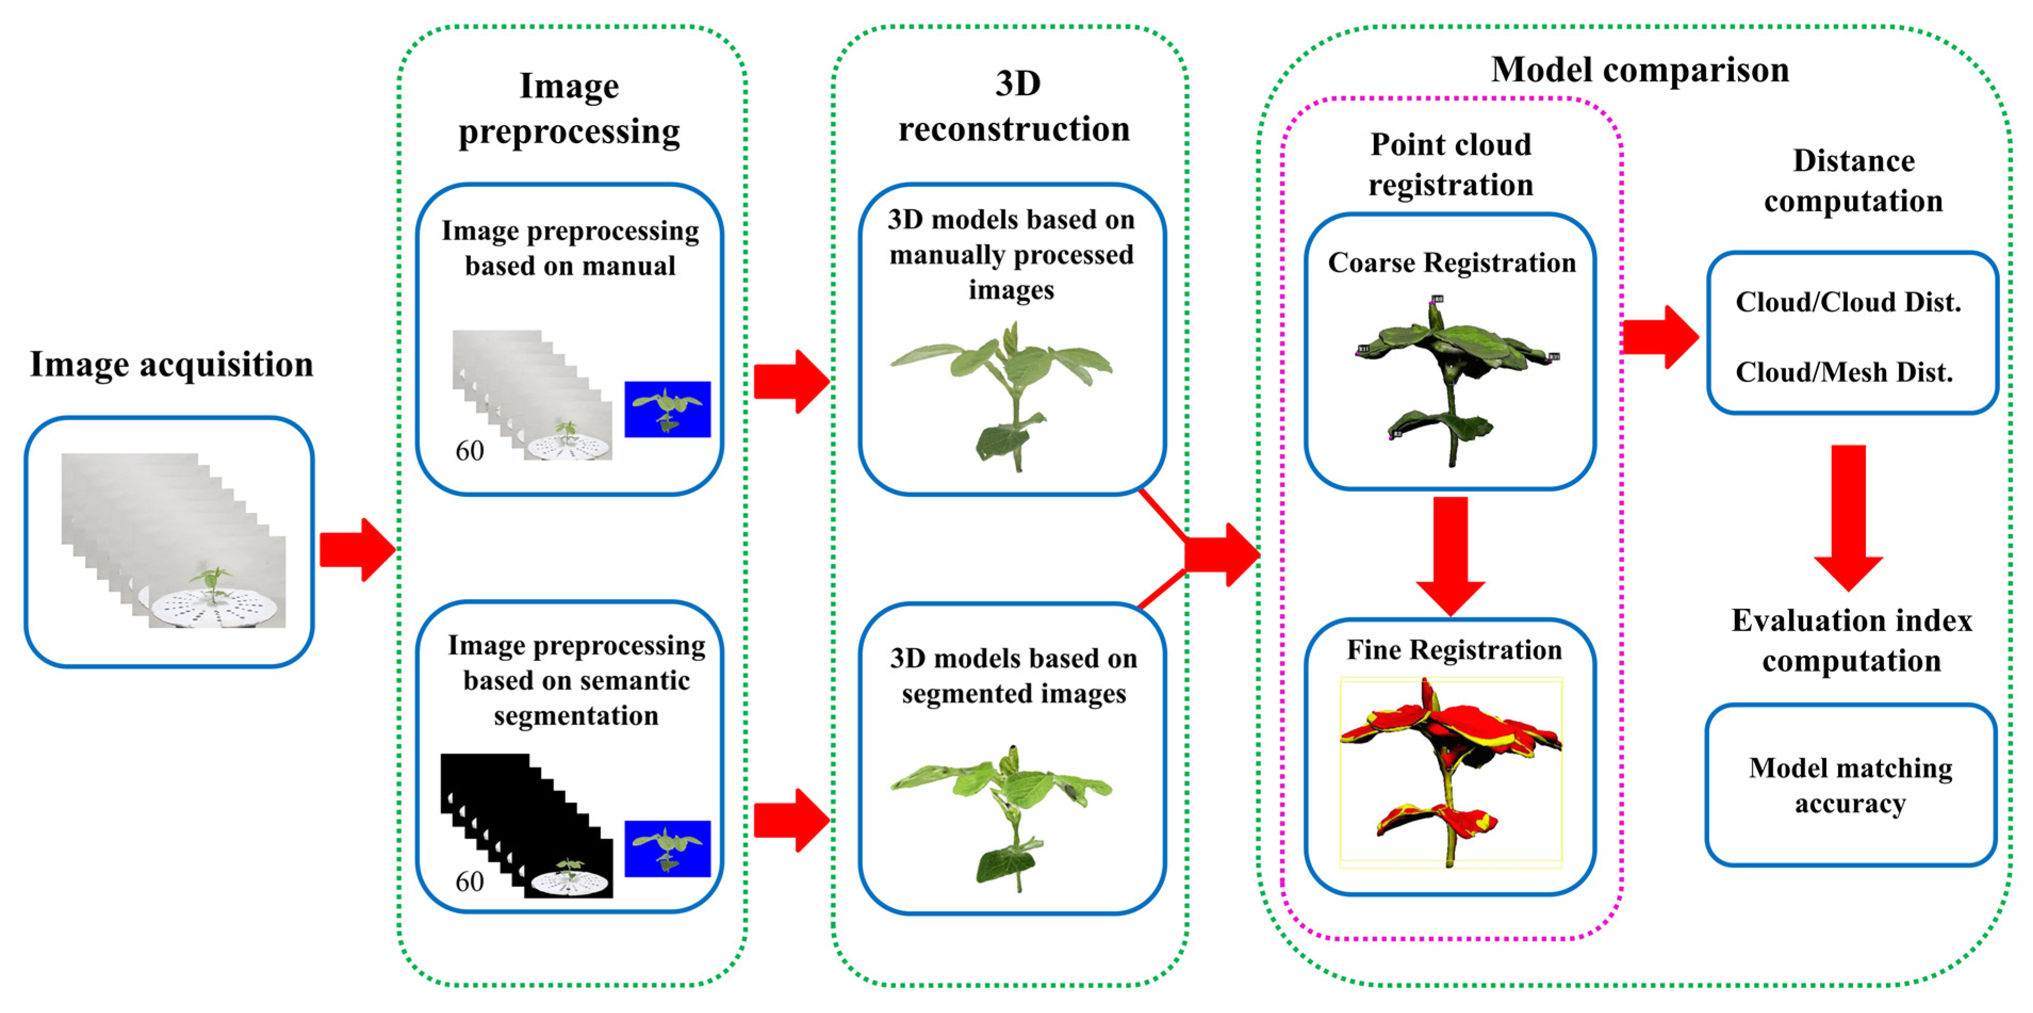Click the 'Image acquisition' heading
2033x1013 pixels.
pyautogui.click(x=171, y=364)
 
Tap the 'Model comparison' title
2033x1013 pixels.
pyautogui.click(x=1639, y=70)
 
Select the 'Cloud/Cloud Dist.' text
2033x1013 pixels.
pyautogui.click(x=1848, y=302)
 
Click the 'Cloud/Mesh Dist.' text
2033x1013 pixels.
pyautogui.click(x=1843, y=371)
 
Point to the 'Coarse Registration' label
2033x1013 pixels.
pyautogui.click(x=1451, y=263)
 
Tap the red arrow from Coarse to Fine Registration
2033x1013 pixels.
pyautogui.click(x=1451, y=552)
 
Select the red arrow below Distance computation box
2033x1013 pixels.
pyautogui.click(x=1848, y=517)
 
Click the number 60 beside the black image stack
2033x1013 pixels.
pyautogui.click(x=470, y=881)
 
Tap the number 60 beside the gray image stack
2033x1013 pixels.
pyautogui.click(x=470, y=451)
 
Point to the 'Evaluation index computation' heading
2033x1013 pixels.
pyautogui.click(x=1851, y=641)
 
